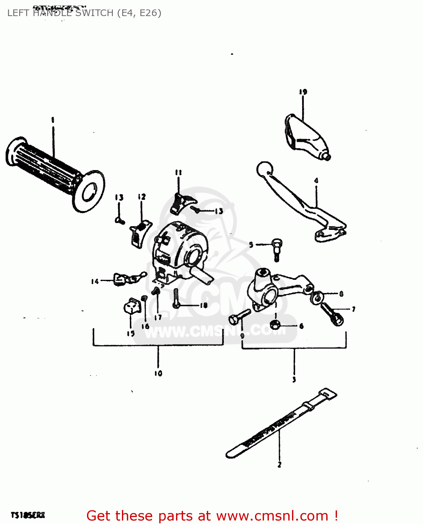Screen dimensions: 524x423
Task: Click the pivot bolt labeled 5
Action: pyautogui.click(x=276, y=249)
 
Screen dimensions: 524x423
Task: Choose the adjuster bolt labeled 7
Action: pyautogui.click(x=332, y=314)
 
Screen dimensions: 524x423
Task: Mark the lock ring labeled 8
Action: pyautogui.click(x=318, y=297)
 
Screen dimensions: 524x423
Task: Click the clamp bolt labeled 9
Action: pyautogui.click(x=239, y=316)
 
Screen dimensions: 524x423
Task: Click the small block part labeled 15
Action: pyautogui.click(x=132, y=306)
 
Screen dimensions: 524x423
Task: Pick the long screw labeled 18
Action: pyautogui.click(x=176, y=299)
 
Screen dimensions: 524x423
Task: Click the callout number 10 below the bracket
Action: pyautogui.click(x=158, y=373)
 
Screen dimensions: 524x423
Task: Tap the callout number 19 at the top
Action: pyautogui.click(x=303, y=92)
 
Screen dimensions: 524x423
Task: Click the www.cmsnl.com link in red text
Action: pyautogui.click(x=272, y=516)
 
